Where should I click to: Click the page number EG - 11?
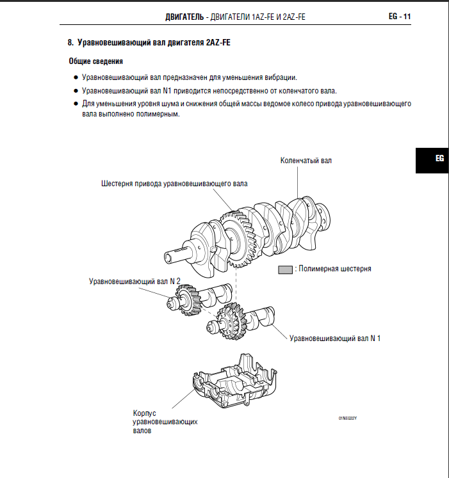399,17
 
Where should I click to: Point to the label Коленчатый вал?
306,161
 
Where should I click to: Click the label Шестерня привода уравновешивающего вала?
174,184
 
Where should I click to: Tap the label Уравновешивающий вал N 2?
135,280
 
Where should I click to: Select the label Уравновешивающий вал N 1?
335,337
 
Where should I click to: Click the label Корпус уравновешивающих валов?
164,422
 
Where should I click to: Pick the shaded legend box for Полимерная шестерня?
284,269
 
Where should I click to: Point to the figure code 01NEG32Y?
347,418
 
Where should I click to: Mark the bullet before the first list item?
76,77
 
